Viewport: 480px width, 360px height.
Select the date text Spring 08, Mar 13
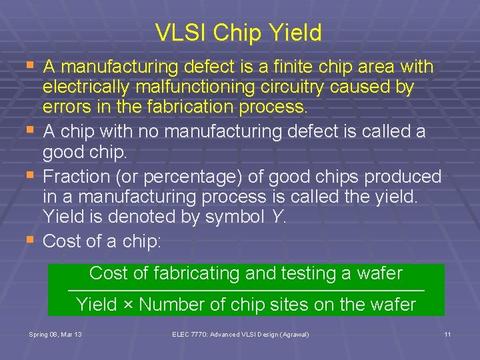point(56,333)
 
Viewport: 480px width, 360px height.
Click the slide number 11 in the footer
point(448,333)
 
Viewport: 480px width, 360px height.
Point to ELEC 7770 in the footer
point(189,333)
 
